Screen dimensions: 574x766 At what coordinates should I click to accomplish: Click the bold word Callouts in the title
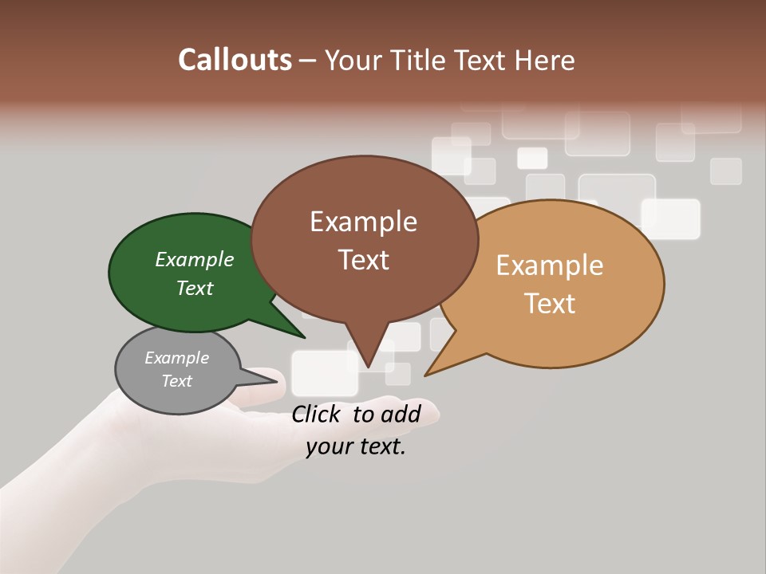point(235,60)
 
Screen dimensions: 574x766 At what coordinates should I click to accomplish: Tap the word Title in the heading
point(421,60)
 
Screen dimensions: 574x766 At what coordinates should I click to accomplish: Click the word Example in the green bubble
point(194,260)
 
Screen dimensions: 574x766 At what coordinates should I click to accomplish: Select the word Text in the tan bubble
point(551,304)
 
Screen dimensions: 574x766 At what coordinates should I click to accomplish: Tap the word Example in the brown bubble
point(363,222)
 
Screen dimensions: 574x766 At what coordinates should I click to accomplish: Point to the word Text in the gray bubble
point(177,381)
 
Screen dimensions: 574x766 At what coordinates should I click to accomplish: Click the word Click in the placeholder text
point(318,414)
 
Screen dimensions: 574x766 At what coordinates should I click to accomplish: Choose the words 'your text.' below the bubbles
point(356,446)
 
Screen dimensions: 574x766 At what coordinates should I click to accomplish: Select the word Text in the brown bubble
point(364,260)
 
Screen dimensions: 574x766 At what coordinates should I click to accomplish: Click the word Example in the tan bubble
point(550,265)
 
